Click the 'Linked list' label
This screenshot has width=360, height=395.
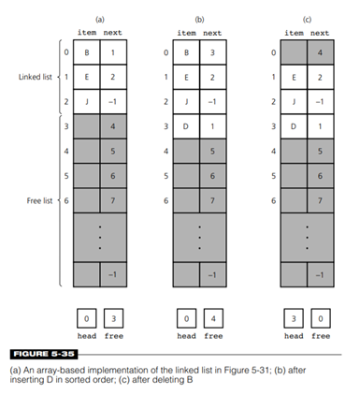[x=36, y=77]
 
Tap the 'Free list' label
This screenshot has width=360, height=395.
[x=39, y=200]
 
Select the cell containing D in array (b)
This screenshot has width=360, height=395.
[x=186, y=126]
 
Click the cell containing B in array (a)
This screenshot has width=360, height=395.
[x=87, y=52]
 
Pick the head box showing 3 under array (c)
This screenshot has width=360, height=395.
[x=294, y=318]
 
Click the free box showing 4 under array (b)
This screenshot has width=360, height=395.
[x=213, y=318]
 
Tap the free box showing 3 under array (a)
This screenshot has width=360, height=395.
[x=113, y=318]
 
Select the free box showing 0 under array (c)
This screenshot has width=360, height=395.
[x=321, y=318]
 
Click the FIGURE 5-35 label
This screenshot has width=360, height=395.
[x=44, y=354]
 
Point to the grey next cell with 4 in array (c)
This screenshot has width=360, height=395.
[x=321, y=52]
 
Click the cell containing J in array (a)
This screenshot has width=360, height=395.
[x=87, y=102]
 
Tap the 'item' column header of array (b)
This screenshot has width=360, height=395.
[x=186, y=33]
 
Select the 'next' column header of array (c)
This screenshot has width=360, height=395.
[x=320, y=33]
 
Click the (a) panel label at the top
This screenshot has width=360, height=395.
[x=100, y=20]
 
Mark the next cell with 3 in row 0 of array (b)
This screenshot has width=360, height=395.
[x=213, y=52]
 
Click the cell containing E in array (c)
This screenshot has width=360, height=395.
[x=294, y=77]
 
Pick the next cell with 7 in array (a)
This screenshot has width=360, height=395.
[x=113, y=200]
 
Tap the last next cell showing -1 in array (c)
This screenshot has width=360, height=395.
[x=321, y=275]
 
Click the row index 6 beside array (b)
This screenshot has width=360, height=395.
[x=166, y=200]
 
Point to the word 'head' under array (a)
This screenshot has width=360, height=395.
[x=87, y=336]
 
